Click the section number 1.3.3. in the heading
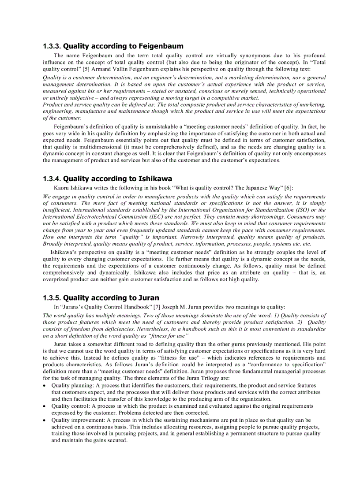52,46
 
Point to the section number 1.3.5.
52,298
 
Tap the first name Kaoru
62,188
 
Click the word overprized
58,279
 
